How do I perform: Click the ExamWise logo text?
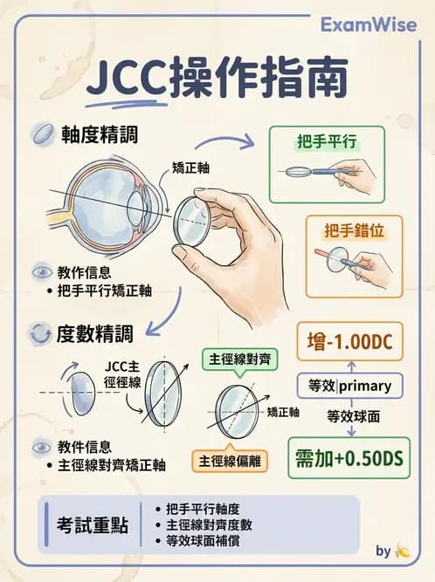click(367, 25)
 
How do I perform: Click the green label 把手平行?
click(328, 140)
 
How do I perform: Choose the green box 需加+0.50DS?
click(349, 457)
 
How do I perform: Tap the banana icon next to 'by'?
click(403, 551)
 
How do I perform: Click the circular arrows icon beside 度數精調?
click(39, 333)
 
